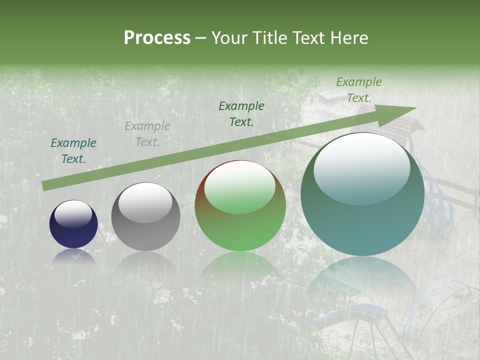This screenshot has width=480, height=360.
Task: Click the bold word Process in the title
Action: pyautogui.click(x=157, y=38)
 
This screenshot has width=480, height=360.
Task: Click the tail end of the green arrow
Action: pyautogui.click(x=46, y=185)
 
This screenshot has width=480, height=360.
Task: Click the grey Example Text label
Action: pyautogui.click(x=147, y=134)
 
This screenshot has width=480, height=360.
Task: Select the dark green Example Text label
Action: pyautogui.click(x=241, y=114)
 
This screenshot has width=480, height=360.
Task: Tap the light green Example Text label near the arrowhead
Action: pyautogui.click(x=359, y=90)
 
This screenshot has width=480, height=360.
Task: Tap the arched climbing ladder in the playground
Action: pyautogui.click(x=440, y=305)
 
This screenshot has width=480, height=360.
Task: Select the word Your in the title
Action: pyautogui.click(x=228, y=38)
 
